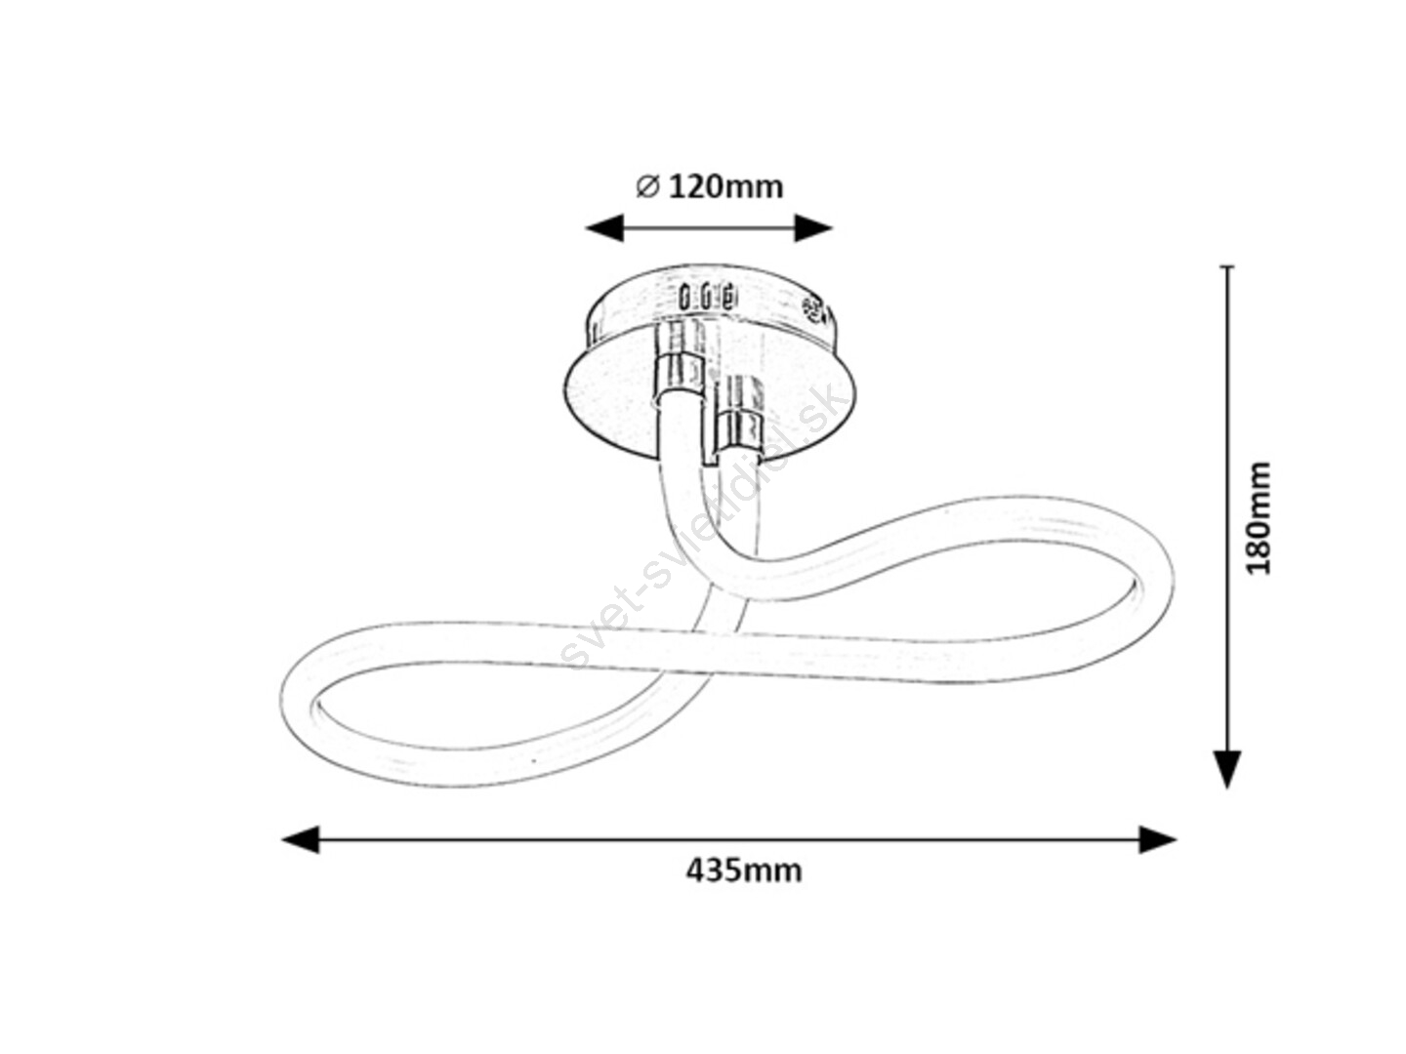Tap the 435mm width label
coord(744,871)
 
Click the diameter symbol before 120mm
coord(647,186)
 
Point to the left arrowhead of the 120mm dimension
coord(604,227)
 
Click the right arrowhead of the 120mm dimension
coord(813,227)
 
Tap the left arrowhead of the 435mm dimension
coord(301,839)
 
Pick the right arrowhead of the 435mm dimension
coord(1157,839)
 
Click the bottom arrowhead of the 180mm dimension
coord(1227,769)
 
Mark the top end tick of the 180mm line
coord(1227,266)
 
